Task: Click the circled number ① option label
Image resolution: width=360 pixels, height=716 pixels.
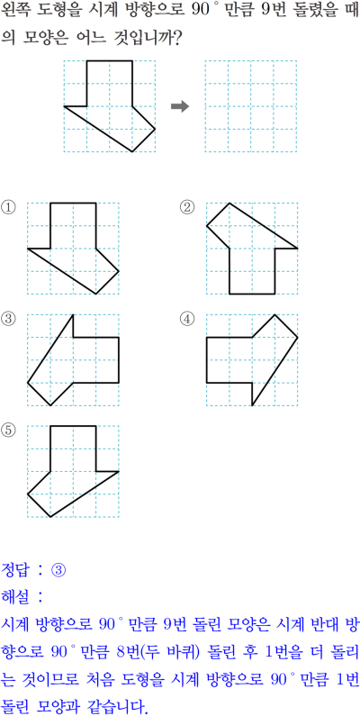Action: pyautogui.click(x=8, y=208)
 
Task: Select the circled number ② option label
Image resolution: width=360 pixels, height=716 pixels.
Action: pyautogui.click(x=186, y=208)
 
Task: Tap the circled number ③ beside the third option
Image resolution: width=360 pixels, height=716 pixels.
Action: pyautogui.click(x=8, y=319)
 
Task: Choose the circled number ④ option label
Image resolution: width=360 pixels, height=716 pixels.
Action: pyautogui.click(x=186, y=319)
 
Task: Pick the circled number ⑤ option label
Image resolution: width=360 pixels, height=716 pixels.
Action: pyautogui.click(x=8, y=431)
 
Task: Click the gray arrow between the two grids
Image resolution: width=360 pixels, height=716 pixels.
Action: pyautogui.click(x=180, y=106)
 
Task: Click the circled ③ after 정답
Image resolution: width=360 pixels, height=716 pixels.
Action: pyautogui.click(x=58, y=569)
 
